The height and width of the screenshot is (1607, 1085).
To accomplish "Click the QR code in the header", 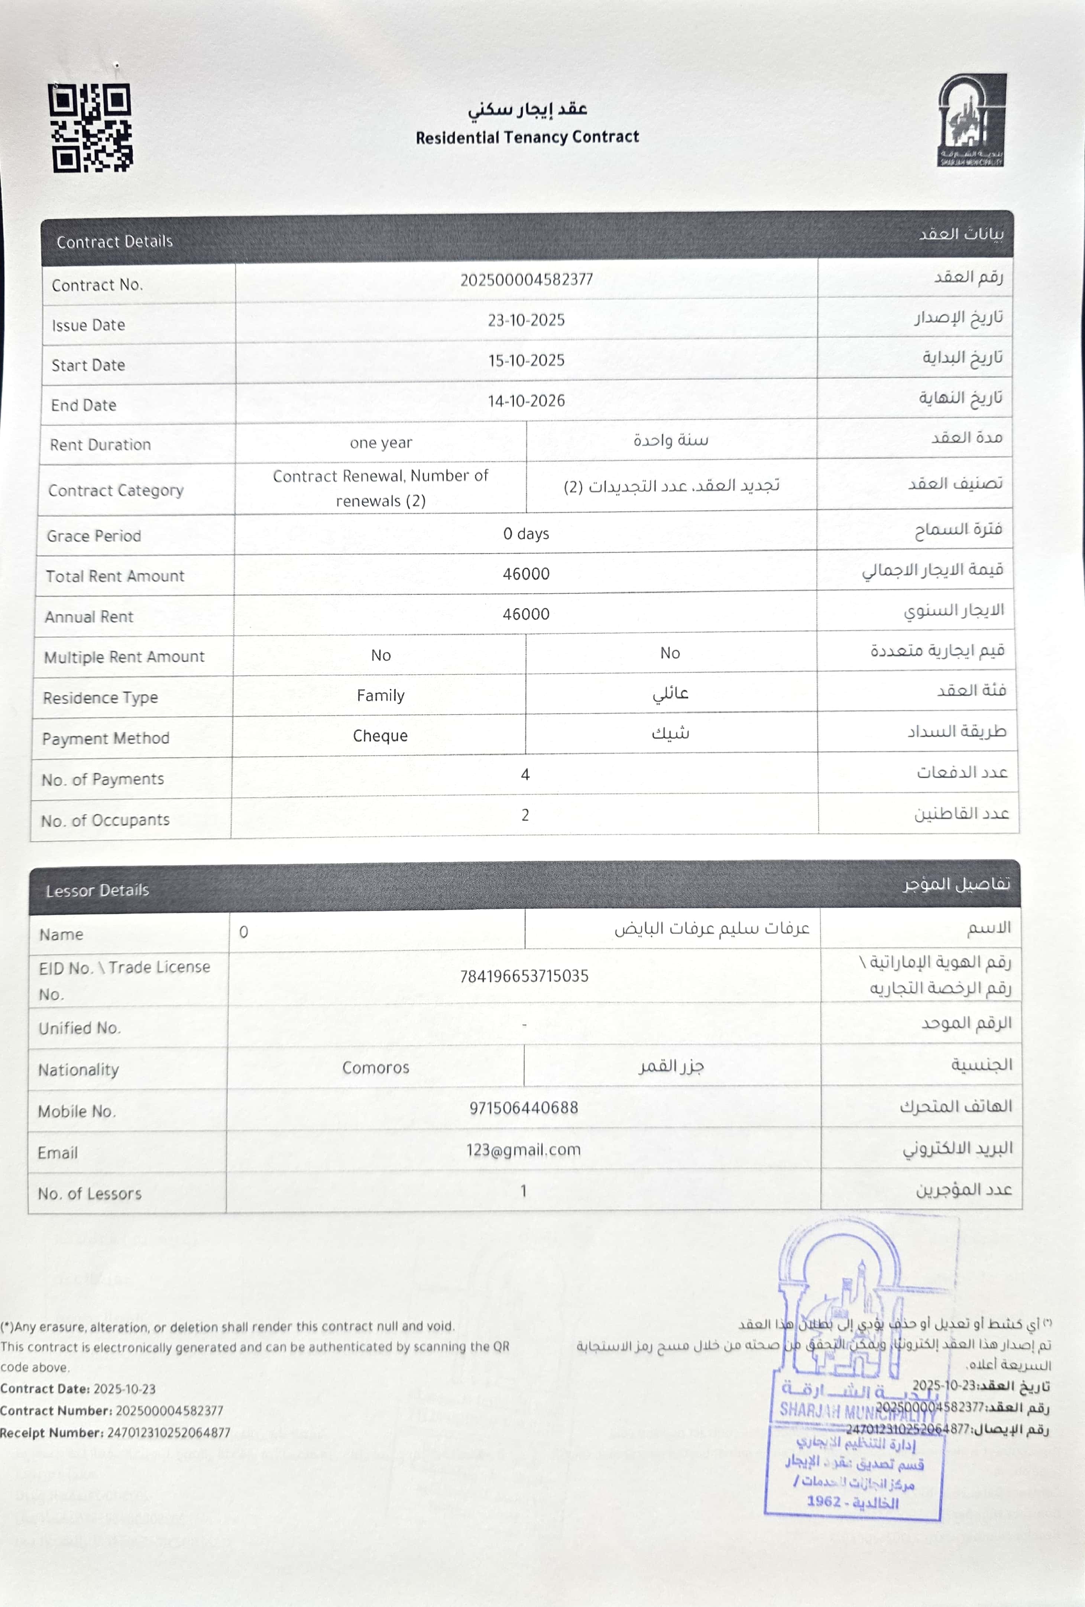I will [91, 128].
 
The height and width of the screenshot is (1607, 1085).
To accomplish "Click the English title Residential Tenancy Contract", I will [527, 137].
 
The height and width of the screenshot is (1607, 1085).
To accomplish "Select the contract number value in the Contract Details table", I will [526, 279].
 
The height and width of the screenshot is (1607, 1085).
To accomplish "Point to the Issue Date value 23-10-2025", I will [526, 320].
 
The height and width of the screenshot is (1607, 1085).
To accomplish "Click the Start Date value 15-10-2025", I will [526, 360].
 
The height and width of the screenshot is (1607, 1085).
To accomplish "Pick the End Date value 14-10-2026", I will [526, 400].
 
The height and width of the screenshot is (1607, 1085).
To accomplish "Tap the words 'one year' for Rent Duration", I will [380, 443].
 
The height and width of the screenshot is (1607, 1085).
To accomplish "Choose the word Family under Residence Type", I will [380, 696].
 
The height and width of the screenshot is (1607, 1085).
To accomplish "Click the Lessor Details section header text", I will [97, 890].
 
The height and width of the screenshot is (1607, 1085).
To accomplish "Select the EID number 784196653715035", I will [524, 976].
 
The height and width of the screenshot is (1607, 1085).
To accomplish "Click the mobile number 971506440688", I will [524, 1108].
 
